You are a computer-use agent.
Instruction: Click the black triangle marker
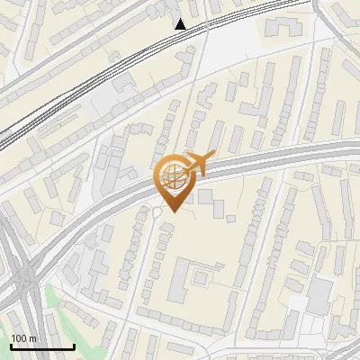coord(181,24)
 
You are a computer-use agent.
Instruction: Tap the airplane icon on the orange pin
coord(197,165)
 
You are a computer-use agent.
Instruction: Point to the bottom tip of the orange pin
coord(172,211)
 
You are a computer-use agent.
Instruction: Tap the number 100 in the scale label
coord(19,338)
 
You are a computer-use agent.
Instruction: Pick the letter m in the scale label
coord(32,338)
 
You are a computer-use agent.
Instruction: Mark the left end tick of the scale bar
coord(11,346)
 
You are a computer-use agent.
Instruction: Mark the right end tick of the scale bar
coord(74,346)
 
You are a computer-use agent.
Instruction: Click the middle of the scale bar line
coord(42,347)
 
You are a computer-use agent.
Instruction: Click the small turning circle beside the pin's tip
coord(157,212)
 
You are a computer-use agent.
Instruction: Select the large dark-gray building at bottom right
coord(320,292)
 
